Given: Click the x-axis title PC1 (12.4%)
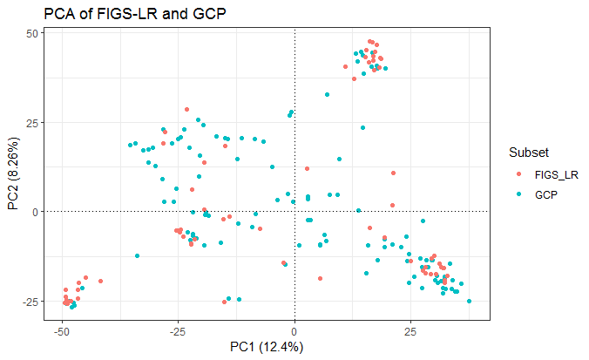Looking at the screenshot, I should click(267, 347).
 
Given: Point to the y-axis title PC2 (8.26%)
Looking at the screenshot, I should click(14, 173).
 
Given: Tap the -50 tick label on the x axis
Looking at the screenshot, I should click(61, 332).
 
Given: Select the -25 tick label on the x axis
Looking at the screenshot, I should click(178, 332).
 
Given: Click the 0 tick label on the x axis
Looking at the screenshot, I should click(294, 332).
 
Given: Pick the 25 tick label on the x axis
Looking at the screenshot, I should click(411, 332).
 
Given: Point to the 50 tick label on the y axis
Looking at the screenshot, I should click(33, 33).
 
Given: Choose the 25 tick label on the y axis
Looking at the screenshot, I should click(33, 122).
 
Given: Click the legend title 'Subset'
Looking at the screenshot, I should click(529, 153).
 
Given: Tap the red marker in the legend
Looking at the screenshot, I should click(520, 174).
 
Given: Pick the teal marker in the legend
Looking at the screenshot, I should click(520, 194).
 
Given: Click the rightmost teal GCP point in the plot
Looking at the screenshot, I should click(470, 302).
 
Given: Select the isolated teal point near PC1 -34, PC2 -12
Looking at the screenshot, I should click(137, 255).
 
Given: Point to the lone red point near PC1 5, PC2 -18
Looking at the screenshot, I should click(320, 278).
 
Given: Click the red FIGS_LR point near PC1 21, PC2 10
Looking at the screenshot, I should click(393, 174).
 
